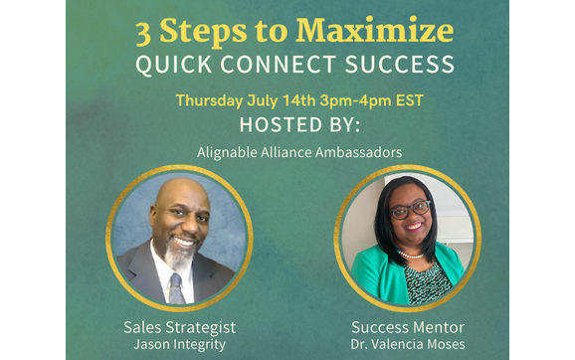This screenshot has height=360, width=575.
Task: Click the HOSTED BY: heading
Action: (287, 126)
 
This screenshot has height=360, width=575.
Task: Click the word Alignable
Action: (229, 153)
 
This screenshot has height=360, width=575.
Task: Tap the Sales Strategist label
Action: (179, 326)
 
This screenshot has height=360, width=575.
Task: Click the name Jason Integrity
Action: (179, 344)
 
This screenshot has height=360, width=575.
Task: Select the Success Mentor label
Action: (409, 326)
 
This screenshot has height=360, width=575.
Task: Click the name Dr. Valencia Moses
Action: (409, 344)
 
